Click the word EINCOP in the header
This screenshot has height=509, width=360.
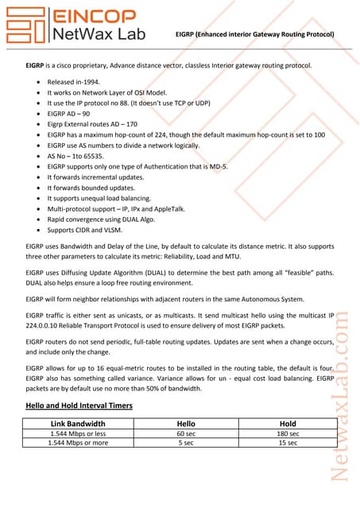coord(92,15)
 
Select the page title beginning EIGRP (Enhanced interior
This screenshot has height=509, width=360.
coord(254,34)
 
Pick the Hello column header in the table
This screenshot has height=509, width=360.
coord(185,423)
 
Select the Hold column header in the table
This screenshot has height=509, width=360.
coord(288,423)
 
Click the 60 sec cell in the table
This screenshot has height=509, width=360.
coord(185,433)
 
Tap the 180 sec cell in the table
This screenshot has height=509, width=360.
coord(288,433)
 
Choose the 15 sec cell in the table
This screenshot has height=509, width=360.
coord(288,442)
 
